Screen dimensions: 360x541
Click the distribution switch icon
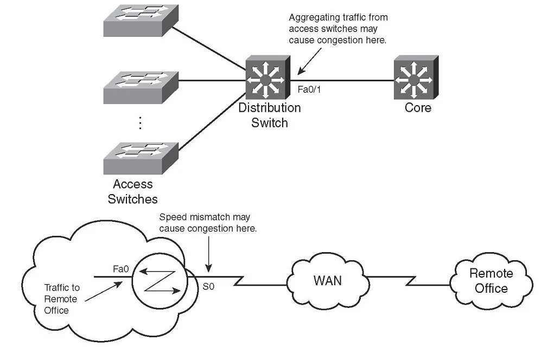(x=265, y=79)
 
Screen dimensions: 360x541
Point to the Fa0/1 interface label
(x=309, y=89)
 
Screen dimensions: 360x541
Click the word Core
(x=418, y=107)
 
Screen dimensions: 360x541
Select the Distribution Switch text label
(x=269, y=115)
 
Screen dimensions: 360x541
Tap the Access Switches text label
(x=133, y=191)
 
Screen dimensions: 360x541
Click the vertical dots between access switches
(x=140, y=123)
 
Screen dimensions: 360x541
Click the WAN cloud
(x=328, y=280)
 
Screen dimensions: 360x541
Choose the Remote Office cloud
(x=491, y=280)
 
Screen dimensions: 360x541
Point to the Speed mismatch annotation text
(x=208, y=223)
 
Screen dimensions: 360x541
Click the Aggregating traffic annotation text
(x=338, y=29)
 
